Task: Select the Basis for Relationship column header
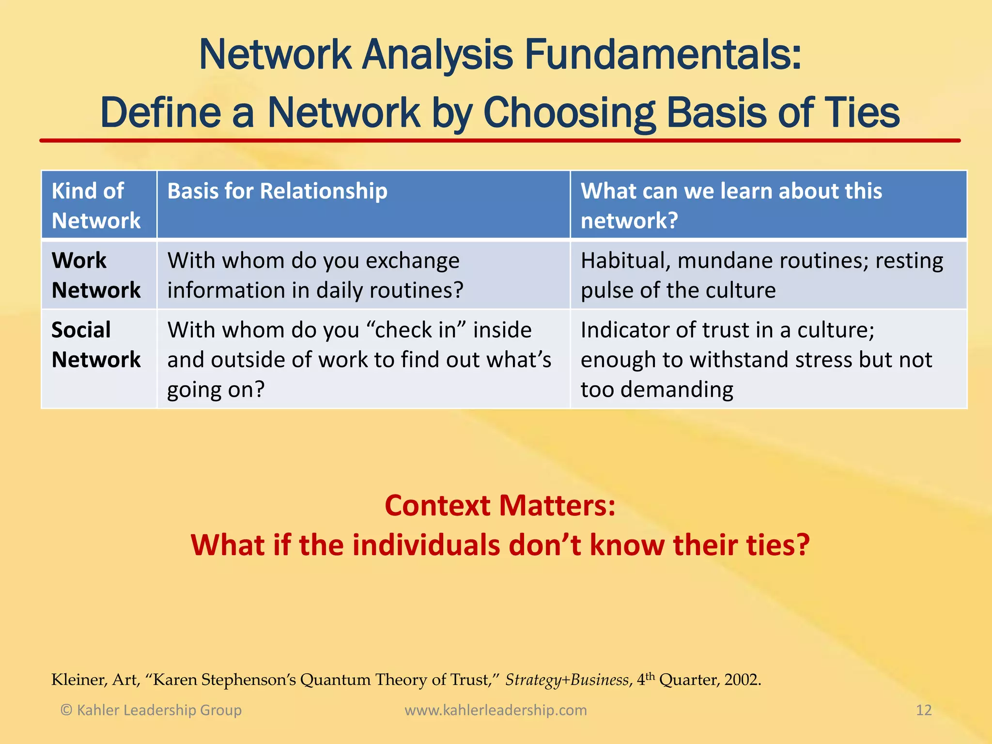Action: (277, 191)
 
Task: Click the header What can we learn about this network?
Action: (731, 205)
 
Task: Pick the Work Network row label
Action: (96, 275)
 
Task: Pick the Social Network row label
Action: (96, 344)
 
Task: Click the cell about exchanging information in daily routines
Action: (315, 275)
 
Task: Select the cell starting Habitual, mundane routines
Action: (761, 275)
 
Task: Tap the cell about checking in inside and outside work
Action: (358, 359)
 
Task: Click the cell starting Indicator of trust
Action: (756, 359)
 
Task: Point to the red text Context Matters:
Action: (500, 506)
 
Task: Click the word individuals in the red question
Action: (426, 545)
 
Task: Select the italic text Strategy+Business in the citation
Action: (567, 680)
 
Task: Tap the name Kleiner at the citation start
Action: (79, 680)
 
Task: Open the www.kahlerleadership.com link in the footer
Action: (496, 710)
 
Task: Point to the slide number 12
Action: (924, 710)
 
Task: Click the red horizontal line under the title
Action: (500, 140)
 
